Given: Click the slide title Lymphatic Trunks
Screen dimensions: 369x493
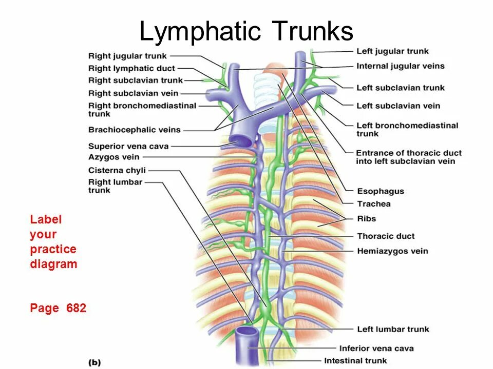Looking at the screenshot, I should click(246, 32).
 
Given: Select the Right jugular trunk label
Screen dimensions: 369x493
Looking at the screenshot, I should click(128, 56).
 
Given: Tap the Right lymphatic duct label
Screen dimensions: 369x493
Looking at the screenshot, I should click(131, 68).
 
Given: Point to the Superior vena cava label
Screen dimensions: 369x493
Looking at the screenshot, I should click(128, 146).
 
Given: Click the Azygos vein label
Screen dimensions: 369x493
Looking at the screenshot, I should click(113, 157).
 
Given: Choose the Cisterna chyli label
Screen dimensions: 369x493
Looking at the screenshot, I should click(117, 170).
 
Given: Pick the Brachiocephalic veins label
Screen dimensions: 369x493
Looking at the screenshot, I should click(135, 130).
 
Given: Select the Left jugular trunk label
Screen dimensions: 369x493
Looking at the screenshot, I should click(392, 51).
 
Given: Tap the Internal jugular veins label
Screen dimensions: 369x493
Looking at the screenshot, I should click(401, 66).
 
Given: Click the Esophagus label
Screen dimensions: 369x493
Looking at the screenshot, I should click(381, 191).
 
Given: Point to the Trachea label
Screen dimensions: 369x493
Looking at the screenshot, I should click(374, 204).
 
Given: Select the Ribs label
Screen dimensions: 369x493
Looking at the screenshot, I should click(367, 219).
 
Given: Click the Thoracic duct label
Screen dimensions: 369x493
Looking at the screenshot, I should click(386, 236).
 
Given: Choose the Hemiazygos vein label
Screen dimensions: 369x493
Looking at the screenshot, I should click(392, 251).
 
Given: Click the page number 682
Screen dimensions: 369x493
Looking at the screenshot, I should click(76, 308).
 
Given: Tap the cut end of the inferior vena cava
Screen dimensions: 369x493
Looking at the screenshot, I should click(248, 332).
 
